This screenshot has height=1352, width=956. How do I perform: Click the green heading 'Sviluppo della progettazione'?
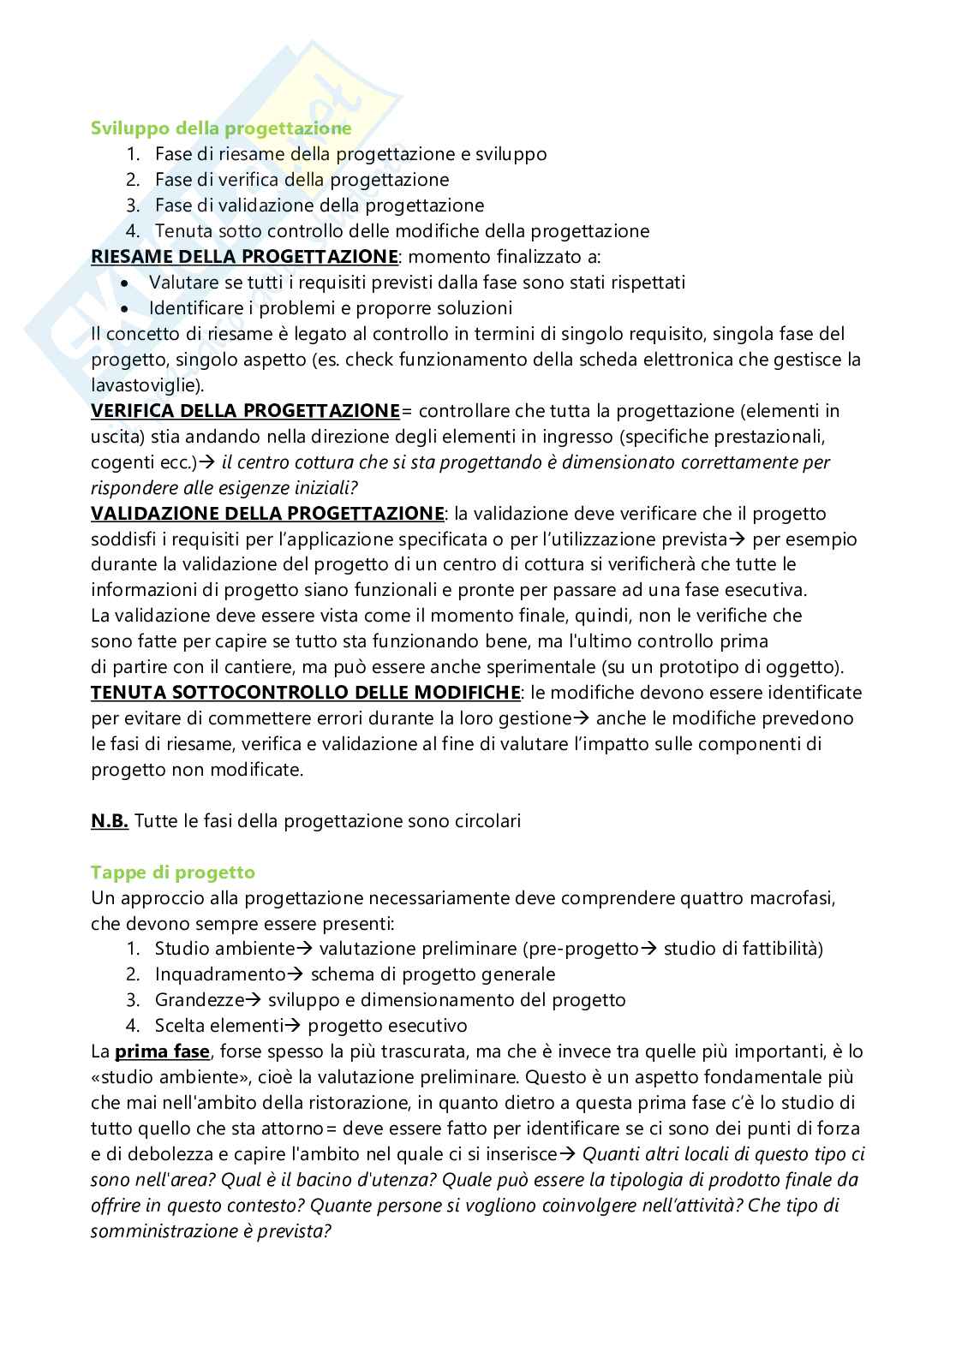point(221,128)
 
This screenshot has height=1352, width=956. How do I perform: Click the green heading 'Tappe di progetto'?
point(173,873)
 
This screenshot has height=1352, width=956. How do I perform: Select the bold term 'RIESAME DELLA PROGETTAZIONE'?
point(244,257)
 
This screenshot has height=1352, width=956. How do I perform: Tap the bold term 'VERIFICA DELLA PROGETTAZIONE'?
point(245,411)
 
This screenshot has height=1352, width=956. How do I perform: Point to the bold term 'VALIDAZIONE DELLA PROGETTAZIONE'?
point(267,514)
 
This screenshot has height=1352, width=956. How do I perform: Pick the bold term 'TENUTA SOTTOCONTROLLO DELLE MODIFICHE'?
point(305,692)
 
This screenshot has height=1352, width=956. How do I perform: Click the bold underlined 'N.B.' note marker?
point(110,821)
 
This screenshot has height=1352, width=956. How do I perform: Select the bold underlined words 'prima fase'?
point(162,1051)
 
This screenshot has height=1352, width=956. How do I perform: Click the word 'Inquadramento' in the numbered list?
point(219,974)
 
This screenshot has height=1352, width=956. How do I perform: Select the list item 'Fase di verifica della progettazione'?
point(302,180)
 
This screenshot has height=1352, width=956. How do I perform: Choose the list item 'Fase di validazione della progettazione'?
point(320,205)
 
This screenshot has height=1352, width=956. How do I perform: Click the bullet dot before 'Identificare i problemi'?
point(127,308)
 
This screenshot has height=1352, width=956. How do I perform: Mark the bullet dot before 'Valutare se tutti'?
point(127,283)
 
